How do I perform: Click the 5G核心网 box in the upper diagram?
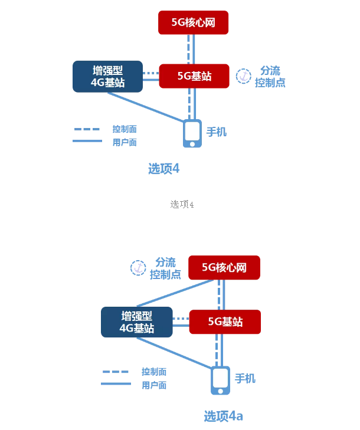coord(193,22)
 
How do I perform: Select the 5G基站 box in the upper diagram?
coord(194,76)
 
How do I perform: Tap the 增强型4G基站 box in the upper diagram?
coord(107,77)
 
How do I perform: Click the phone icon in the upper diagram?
coord(192,133)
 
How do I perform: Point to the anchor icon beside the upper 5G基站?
coord(243,76)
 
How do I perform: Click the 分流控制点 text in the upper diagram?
coord(270,77)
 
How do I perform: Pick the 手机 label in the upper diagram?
coord(216,132)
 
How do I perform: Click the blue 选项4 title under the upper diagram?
coord(163,169)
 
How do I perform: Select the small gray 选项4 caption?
coord(182,204)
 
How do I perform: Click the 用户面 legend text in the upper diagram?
coord(125,142)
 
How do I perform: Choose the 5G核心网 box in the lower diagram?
coord(224,268)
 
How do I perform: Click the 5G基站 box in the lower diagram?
coord(225,322)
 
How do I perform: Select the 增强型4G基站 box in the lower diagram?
coord(137,322)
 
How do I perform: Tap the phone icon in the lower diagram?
coord(221,380)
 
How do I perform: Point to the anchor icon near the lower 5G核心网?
coord(138,268)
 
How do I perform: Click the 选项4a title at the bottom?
coord(223,416)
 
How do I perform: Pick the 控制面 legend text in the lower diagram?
coord(153,372)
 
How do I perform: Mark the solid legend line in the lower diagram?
coord(116,384)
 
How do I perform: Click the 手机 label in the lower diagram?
coord(245,378)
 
